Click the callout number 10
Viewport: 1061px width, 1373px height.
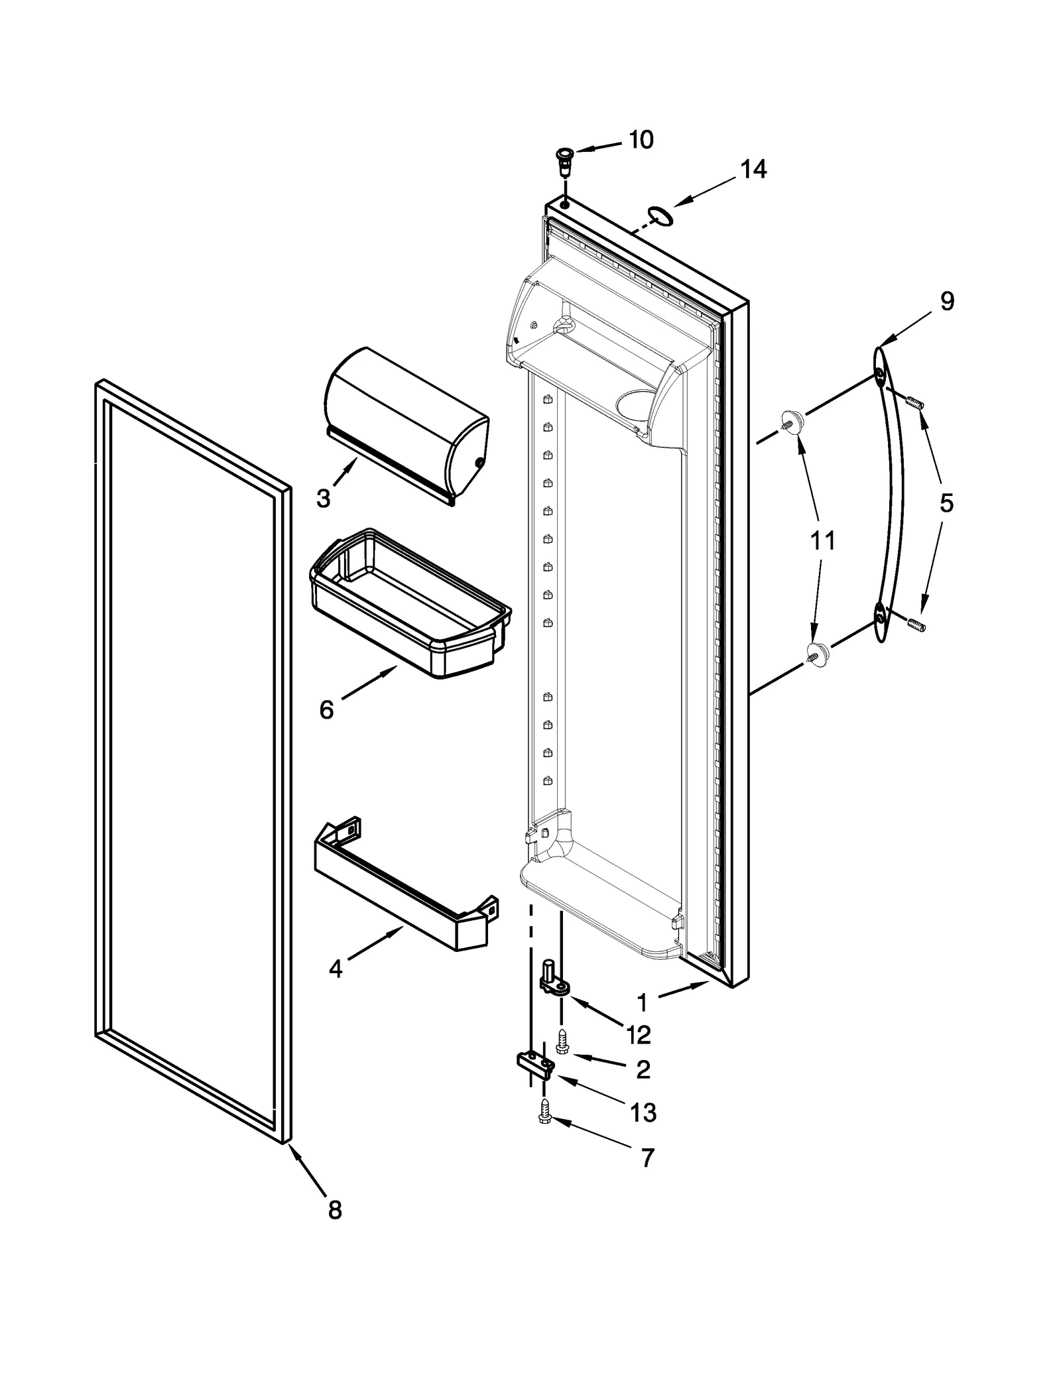[641, 140]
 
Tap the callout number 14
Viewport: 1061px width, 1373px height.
[753, 170]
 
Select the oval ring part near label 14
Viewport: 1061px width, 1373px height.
[660, 215]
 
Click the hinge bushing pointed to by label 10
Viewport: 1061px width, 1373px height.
[564, 160]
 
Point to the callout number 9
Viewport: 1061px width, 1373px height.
[947, 302]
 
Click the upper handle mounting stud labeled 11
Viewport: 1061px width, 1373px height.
[792, 422]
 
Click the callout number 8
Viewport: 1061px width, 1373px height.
[335, 1211]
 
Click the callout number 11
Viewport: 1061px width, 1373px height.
[822, 541]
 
